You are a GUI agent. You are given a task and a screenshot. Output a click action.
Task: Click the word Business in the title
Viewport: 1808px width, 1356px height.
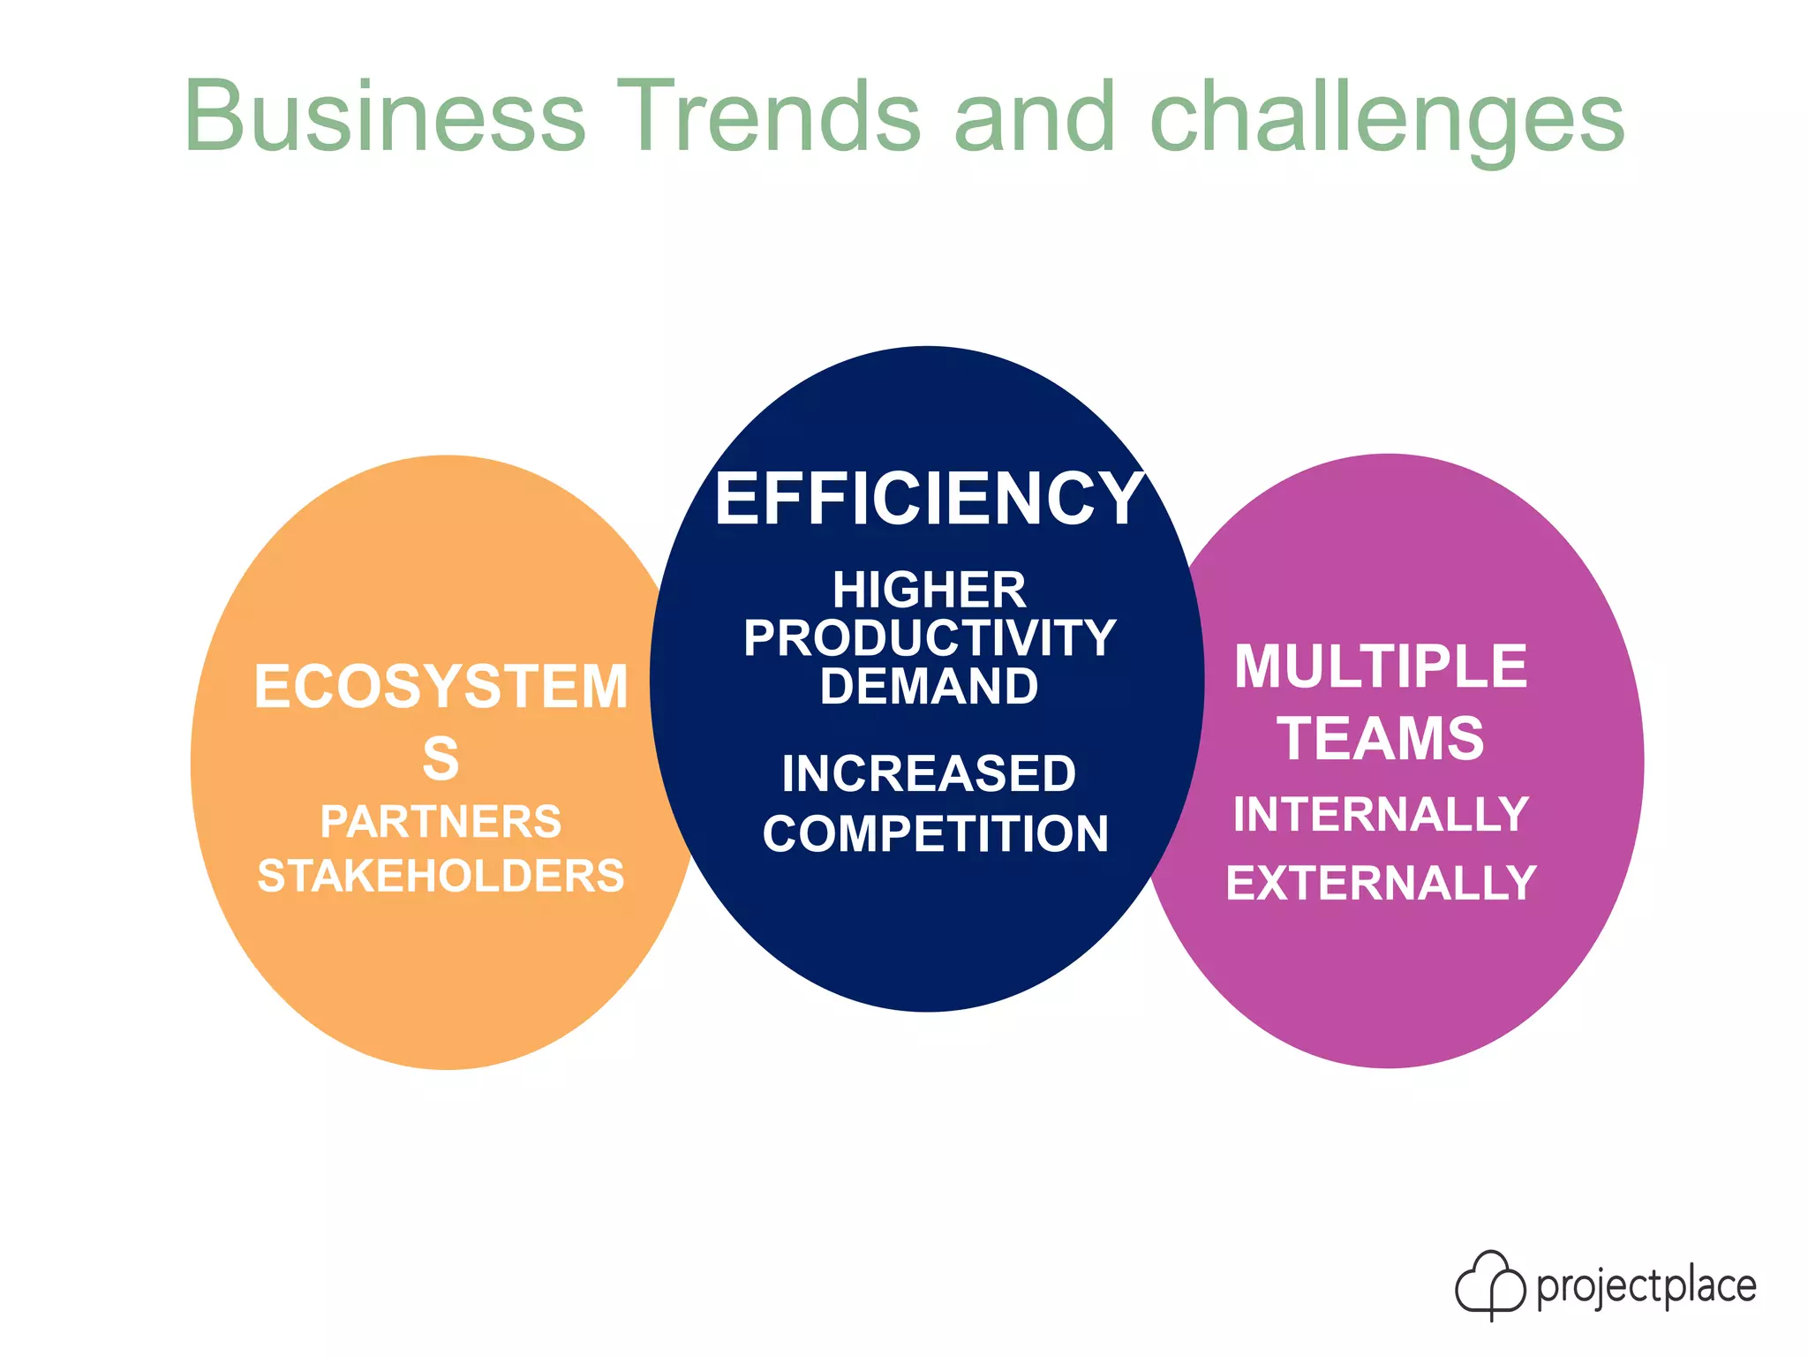[385, 116]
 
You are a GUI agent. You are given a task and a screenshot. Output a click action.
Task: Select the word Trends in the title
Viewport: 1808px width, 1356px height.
[768, 116]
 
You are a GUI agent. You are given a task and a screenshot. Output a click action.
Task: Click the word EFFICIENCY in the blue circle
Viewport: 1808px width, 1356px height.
[929, 500]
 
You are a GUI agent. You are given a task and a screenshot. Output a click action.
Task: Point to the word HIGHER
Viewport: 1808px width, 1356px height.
[929, 590]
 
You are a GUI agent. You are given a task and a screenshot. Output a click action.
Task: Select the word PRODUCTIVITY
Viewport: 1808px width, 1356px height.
[929, 638]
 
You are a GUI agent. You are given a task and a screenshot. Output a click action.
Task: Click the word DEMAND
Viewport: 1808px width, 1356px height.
[929, 687]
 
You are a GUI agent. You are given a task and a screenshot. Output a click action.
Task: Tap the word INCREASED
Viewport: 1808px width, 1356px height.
[929, 773]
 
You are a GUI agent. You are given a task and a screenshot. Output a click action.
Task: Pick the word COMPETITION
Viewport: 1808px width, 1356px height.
[935, 834]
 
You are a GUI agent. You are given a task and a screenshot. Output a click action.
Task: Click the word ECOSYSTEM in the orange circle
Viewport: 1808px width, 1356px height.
[441, 687]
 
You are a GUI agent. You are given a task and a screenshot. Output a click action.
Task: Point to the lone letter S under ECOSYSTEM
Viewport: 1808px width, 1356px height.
[441, 758]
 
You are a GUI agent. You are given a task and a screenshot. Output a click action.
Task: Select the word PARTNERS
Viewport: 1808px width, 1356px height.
[441, 822]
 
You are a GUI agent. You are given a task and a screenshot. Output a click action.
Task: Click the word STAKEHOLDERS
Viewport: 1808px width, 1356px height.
[441, 876]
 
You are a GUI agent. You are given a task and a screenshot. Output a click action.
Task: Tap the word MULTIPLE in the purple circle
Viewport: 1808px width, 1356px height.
[1381, 667]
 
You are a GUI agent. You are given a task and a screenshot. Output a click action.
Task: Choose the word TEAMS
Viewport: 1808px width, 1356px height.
[1381, 738]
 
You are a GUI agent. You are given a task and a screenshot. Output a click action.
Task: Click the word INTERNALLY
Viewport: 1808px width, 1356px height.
[1381, 814]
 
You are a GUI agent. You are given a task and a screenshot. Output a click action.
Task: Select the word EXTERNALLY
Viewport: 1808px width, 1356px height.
[1381, 883]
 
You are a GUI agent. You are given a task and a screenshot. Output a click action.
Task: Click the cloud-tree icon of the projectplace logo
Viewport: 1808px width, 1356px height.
[1489, 1284]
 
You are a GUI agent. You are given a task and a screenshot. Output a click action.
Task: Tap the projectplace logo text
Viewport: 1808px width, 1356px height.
[1646, 1286]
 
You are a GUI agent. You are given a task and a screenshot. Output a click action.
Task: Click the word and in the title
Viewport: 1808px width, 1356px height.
[1034, 116]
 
